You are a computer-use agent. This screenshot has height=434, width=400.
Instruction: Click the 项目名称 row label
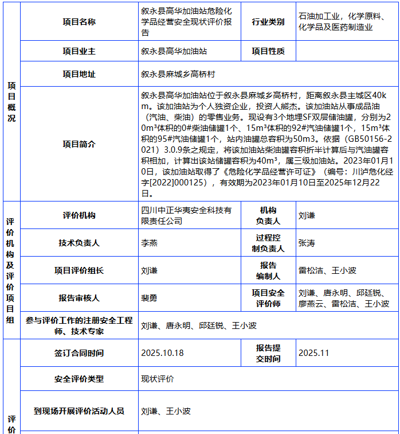79,22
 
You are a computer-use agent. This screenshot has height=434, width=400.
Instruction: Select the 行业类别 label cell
268,22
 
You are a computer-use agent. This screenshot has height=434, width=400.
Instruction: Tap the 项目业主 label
79,51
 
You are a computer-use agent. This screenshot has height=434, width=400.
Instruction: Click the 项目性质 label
268,51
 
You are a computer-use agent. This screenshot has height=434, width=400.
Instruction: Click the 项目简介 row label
79,144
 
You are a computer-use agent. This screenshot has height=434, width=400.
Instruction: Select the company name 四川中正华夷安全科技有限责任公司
186,215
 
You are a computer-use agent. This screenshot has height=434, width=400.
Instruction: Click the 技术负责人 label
79,243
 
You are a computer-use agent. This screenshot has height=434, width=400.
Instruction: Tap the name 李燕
149,243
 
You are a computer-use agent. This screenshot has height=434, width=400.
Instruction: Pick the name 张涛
307,243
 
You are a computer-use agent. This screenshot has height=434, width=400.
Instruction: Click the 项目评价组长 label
79,270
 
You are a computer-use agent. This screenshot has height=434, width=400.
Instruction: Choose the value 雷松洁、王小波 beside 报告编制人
327,270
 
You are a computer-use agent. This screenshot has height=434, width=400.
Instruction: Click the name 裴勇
149,298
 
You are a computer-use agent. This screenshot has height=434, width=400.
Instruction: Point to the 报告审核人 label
79,298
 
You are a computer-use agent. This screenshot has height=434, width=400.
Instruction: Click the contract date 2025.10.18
162,353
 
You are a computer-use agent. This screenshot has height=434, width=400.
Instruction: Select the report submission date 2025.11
314,353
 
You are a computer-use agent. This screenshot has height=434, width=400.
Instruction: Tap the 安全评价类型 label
79,379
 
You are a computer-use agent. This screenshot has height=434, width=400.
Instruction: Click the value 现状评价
158,379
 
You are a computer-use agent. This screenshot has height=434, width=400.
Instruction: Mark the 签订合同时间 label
79,353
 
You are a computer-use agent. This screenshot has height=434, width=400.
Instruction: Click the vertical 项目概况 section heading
11,101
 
